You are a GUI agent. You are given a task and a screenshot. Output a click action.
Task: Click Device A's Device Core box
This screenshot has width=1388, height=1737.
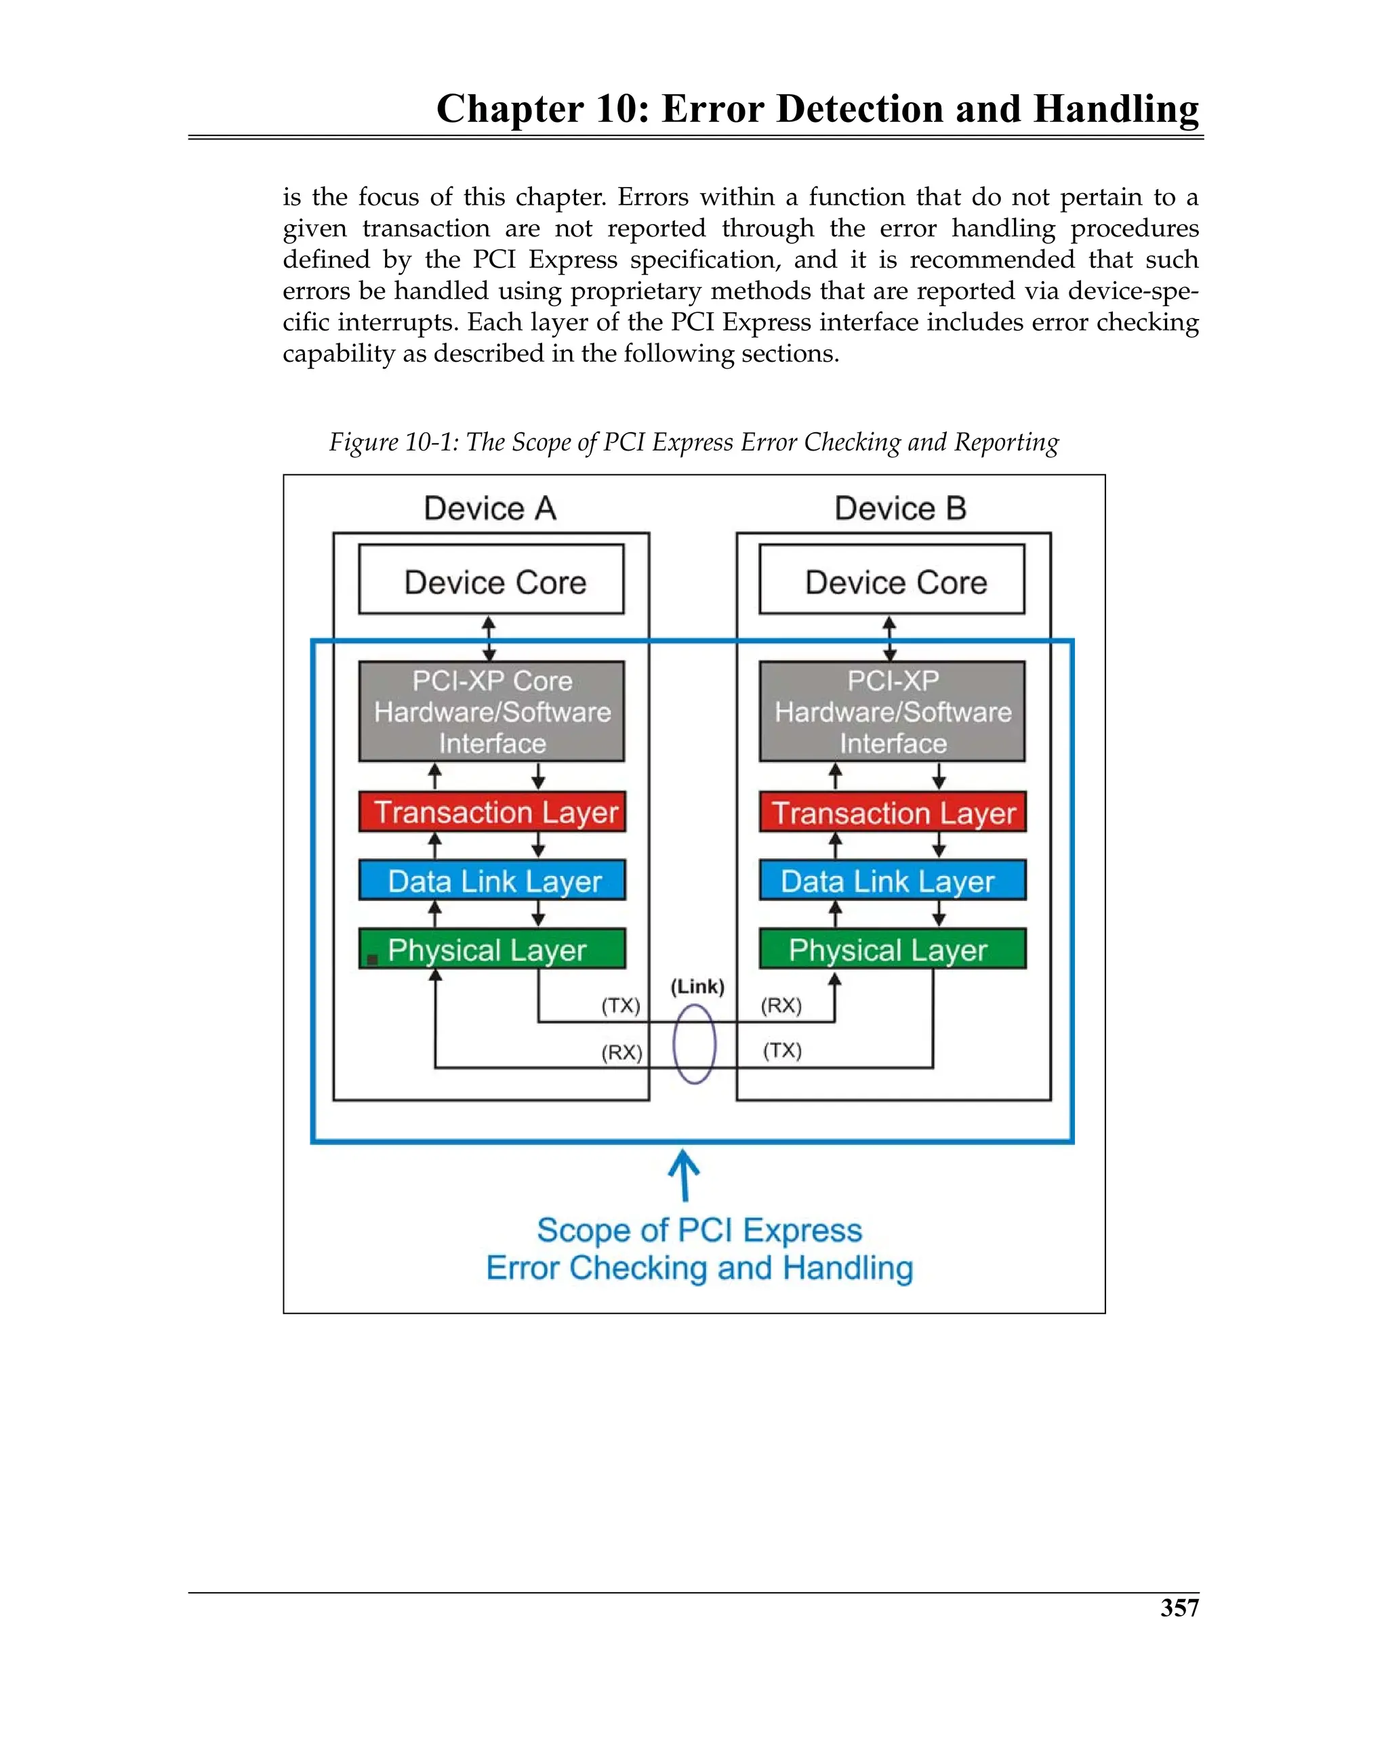coord(491,580)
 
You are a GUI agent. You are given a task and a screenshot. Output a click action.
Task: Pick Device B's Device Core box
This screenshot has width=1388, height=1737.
coord(891,580)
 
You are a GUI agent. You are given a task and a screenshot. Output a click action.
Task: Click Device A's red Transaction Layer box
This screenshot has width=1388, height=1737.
coord(491,812)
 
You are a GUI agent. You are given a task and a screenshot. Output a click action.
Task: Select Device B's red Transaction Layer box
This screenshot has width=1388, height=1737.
coord(893,812)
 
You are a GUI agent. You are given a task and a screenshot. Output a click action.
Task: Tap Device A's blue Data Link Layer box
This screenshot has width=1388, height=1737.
coord(491,881)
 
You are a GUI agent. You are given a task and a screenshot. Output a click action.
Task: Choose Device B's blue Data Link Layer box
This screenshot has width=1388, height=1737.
coord(893,881)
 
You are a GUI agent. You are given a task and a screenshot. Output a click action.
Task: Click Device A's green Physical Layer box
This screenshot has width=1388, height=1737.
coord(491,949)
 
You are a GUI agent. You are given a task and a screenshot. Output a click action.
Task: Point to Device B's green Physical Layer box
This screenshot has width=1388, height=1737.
coord(893,949)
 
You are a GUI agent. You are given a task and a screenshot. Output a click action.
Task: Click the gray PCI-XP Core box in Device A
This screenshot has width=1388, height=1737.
coord(491,711)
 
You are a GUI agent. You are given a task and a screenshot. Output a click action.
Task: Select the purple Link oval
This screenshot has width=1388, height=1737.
coord(694,1044)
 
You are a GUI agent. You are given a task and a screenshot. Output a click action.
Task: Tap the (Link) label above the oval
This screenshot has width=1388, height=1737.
coord(697,986)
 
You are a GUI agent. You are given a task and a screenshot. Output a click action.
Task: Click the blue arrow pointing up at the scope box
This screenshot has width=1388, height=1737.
coord(685,1175)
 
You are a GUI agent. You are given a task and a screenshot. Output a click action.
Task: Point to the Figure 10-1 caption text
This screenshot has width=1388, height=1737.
coord(693,442)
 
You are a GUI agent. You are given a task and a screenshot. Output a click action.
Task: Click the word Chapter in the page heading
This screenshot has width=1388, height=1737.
coord(510,109)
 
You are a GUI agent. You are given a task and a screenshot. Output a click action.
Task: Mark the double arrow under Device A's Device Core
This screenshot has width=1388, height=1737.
coord(489,638)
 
